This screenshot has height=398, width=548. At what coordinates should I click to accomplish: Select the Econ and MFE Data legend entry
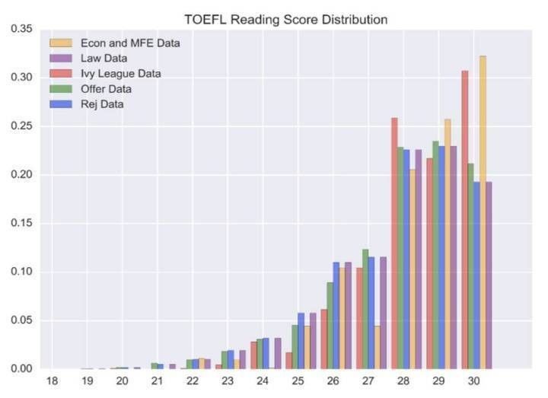click(129, 43)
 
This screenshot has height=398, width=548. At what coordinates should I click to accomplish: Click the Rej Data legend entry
click(102, 104)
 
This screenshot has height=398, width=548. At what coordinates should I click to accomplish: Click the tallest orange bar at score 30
click(483, 213)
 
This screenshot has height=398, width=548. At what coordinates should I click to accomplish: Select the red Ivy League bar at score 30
click(465, 221)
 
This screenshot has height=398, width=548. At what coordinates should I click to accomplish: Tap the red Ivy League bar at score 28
click(394, 244)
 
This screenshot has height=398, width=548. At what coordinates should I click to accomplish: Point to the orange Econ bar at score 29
click(448, 244)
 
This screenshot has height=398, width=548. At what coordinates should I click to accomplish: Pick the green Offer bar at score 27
click(365, 309)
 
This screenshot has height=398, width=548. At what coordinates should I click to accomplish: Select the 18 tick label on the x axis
click(52, 380)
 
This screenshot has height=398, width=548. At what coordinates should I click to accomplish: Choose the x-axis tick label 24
click(263, 380)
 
